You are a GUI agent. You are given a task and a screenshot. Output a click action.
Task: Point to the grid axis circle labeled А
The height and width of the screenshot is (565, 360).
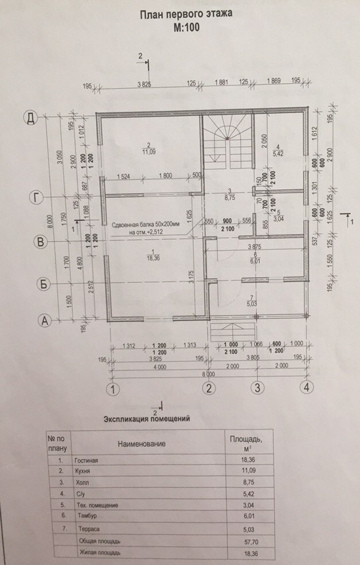coord(43,319)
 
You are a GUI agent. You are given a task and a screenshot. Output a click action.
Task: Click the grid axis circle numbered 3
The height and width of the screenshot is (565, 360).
coord(259,388)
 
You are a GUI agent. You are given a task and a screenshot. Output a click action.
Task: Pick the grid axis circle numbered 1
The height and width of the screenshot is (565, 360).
coord(115,389)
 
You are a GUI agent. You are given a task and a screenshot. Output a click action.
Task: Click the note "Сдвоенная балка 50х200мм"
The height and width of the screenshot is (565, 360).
coord(146,227)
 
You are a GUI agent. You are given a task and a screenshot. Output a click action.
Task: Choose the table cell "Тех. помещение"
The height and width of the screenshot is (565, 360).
coord(96,505)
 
